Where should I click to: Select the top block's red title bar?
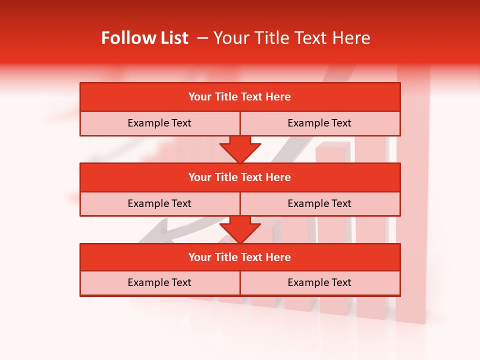240,97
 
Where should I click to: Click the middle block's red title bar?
240,177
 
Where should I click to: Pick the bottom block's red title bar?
240,257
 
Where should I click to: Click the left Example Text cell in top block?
159,123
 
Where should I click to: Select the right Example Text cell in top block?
319,123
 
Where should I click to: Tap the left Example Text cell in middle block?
159,203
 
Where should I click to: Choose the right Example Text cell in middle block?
319,203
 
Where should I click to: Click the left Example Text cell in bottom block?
159,282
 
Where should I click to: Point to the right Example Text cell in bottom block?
319,282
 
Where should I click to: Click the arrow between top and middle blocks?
240,149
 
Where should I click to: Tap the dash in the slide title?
202,38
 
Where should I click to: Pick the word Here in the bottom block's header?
278,257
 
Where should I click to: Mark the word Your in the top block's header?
199,97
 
